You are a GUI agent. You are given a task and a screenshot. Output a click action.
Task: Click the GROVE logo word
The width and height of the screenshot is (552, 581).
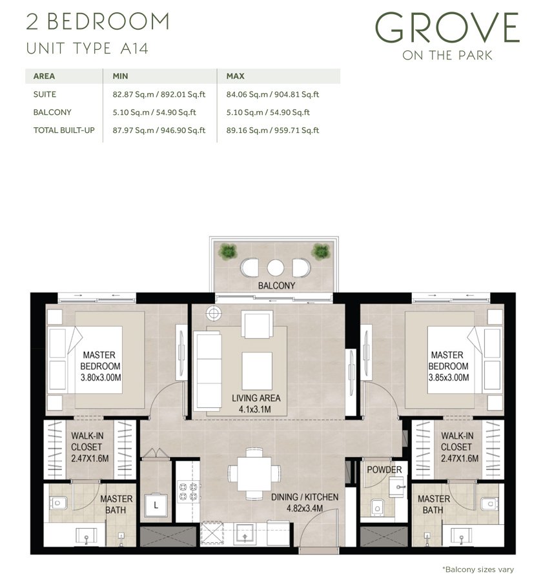click(447, 28)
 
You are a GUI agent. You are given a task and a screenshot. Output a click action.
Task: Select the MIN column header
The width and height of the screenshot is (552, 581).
click(121, 76)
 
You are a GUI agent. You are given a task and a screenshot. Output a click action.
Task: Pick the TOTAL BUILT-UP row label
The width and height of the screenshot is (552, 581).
click(64, 130)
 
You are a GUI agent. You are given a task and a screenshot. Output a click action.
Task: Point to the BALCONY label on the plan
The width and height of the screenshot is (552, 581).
click(276, 285)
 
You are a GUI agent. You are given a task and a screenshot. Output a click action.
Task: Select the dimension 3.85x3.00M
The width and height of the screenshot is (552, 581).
click(448, 377)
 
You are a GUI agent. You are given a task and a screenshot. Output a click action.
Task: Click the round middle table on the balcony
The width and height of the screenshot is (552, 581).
click(276, 267)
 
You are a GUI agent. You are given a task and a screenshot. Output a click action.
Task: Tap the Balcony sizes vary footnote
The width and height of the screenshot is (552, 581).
click(477, 569)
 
